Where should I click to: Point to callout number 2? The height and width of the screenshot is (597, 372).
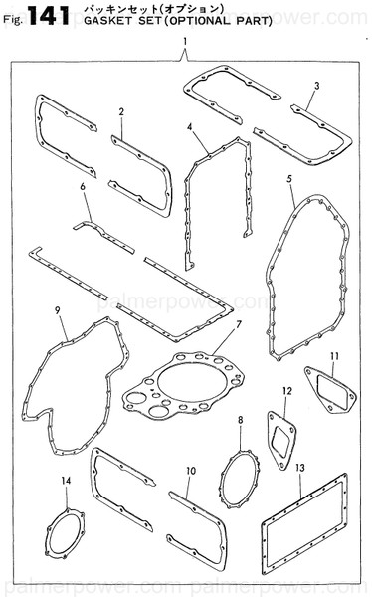pos(120,110)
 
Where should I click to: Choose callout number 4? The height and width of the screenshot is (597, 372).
pos(189,127)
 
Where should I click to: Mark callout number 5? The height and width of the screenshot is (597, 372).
pos(288,178)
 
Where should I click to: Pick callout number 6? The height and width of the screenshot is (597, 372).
pos(84,186)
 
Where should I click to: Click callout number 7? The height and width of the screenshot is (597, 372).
pos(239,325)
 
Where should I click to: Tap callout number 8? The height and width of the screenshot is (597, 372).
pos(240,421)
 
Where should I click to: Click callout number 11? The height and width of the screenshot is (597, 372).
pos(334,355)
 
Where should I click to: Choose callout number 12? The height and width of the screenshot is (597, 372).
pos(286,391)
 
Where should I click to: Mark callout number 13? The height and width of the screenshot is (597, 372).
pos(301,467)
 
